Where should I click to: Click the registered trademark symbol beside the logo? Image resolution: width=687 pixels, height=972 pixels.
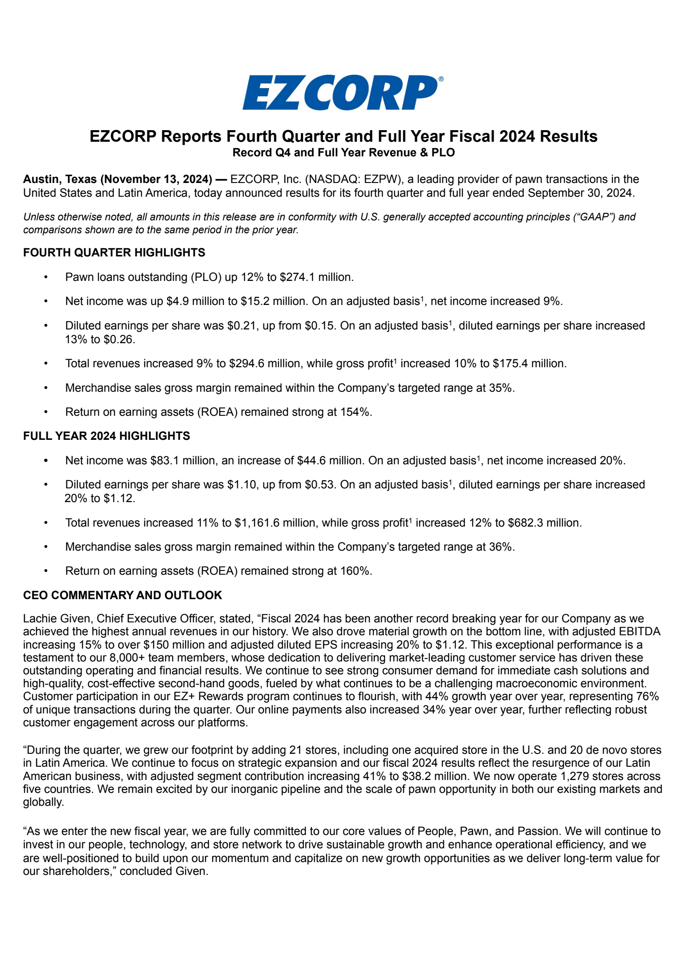[441, 79]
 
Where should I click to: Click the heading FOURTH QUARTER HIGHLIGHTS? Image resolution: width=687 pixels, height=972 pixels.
[114, 253]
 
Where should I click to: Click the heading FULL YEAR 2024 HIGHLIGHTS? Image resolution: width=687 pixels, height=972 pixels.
[106, 436]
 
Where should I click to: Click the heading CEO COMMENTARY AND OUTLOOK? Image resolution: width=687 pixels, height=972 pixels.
[122, 595]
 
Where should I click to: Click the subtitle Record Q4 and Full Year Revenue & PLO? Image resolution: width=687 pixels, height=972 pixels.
[343, 153]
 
